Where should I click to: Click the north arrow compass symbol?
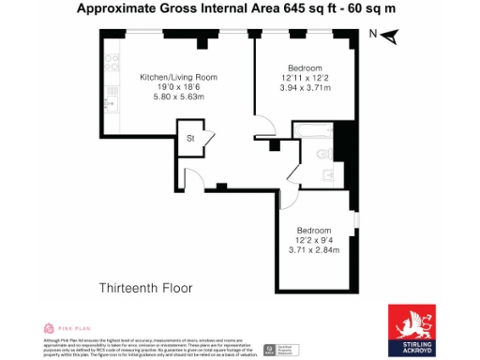[x=391, y=37]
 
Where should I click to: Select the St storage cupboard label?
[x=190, y=138]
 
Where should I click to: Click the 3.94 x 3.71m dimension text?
[x=305, y=87]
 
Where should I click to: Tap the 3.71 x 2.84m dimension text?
[x=314, y=249]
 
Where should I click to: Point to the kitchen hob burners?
[x=112, y=65]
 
